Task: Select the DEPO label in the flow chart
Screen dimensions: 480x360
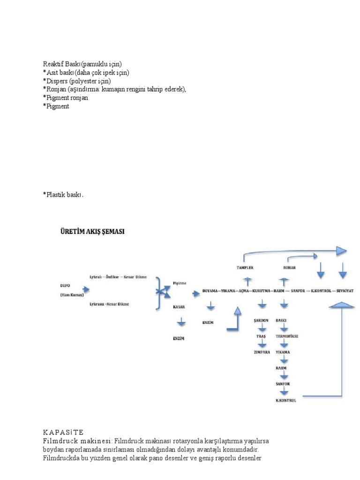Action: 66,285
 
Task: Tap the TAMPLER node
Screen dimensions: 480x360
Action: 245,267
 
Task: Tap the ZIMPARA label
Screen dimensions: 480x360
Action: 262,352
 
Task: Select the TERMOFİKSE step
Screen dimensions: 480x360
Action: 287,337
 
